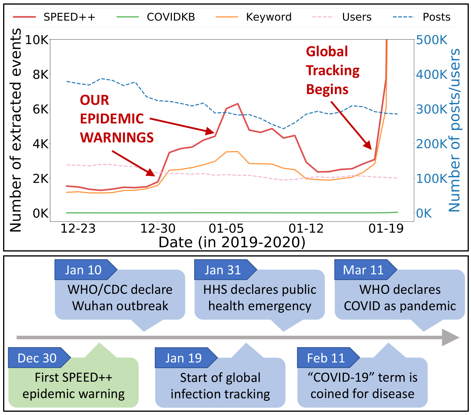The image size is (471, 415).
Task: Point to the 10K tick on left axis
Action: coord(37,40)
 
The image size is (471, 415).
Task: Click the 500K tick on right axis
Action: coord(432,40)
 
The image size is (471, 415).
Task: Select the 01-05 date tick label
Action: coord(226,228)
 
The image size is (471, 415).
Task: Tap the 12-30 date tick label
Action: coord(158,228)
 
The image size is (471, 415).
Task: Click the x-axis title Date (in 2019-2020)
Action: coord(232,242)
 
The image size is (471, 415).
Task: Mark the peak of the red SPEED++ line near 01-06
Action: coord(238,104)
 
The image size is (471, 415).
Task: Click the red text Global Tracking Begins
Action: coord(332,70)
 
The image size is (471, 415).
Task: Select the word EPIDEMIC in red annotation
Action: coord(112,119)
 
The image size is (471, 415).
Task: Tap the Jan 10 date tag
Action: coord(83,270)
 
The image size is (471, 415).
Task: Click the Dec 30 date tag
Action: coord(37,358)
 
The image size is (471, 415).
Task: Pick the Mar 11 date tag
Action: coord(363,270)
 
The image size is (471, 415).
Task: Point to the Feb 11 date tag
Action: coord(326,358)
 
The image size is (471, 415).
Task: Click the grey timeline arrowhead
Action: coord(451,337)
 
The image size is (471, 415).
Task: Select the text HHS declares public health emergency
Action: coord(260,298)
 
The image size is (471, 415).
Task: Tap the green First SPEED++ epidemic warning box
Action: coord(74,386)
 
